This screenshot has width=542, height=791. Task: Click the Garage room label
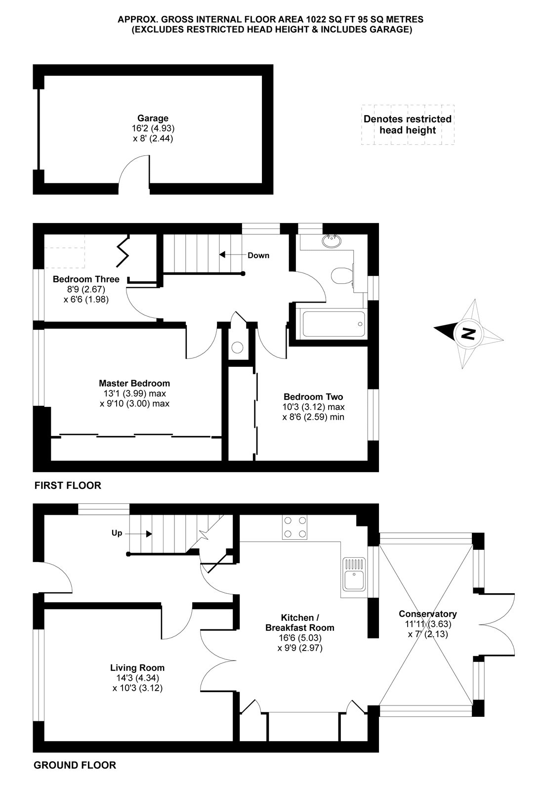[x=153, y=119]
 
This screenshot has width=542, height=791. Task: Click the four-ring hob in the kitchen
[x=294, y=527]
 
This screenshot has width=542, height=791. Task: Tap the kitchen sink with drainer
[x=354, y=573]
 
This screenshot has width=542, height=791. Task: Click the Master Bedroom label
[x=134, y=383]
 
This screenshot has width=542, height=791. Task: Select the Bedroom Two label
[x=313, y=396]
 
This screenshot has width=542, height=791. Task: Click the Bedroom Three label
[x=86, y=279]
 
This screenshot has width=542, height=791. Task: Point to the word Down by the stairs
[x=258, y=255]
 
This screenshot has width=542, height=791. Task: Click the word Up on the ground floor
[x=117, y=533]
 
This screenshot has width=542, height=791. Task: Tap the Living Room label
[x=137, y=667]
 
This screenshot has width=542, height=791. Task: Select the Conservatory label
[x=428, y=614]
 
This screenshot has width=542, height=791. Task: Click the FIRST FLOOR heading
[x=68, y=485]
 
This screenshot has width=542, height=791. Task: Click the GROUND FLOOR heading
[x=75, y=765]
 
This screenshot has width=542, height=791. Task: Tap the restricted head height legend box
[x=408, y=125]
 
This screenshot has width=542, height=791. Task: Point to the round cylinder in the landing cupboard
[x=238, y=348]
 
